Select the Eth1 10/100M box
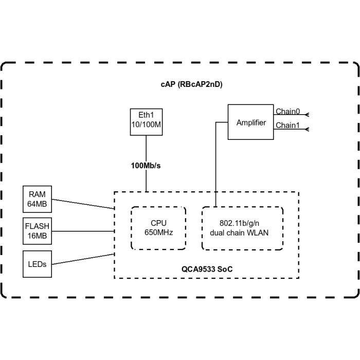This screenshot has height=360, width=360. pyautogui.click(x=146, y=121)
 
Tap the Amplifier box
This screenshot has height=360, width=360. pyautogui.click(x=251, y=122)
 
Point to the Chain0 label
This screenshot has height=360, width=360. pyautogui.click(x=287, y=112)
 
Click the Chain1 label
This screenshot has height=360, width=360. pyautogui.click(x=287, y=125)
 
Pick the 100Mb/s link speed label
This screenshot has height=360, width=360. pyautogui.click(x=147, y=166)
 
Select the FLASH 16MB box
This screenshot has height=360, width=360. pyautogui.click(x=37, y=231)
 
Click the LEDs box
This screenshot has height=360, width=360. pyautogui.click(x=37, y=264)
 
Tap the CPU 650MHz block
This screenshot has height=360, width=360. pyautogui.click(x=158, y=228)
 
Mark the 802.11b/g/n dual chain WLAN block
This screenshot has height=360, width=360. pyautogui.click(x=242, y=228)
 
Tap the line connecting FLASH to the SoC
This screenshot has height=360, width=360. pyautogui.click(x=82, y=231)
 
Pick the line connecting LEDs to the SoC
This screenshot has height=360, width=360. pyautogui.click(x=82, y=259)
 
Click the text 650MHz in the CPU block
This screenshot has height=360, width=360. pyautogui.click(x=158, y=232)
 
